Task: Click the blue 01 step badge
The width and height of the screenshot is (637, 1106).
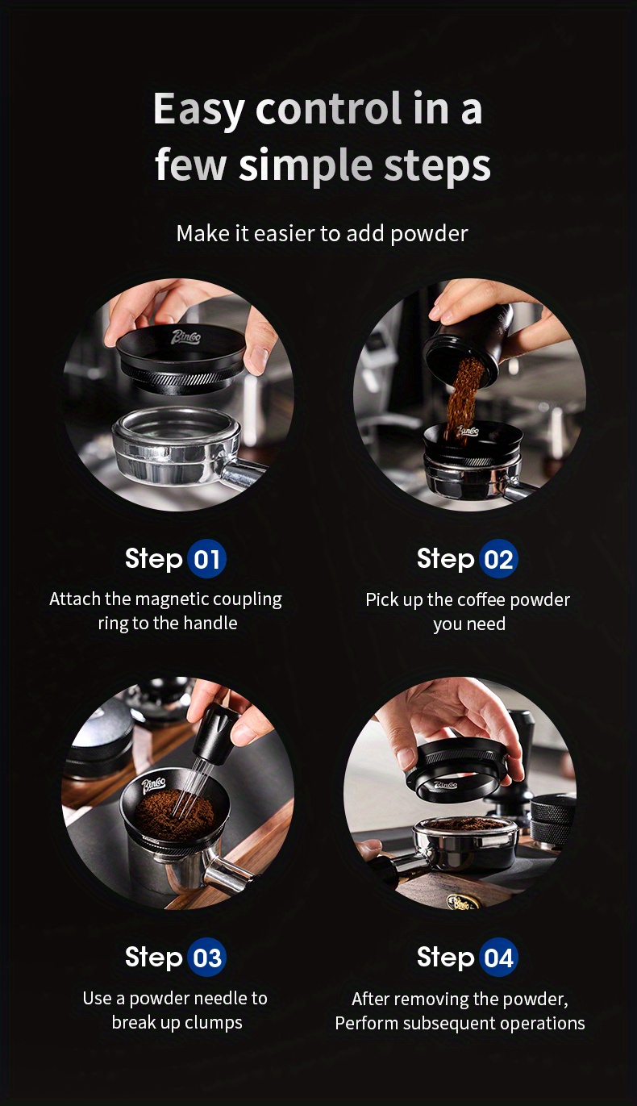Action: (206, 559)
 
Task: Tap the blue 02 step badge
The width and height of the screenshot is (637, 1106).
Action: (498, 559)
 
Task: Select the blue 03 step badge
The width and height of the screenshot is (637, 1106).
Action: (206, 958)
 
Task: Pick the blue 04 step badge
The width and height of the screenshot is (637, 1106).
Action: (498, 958)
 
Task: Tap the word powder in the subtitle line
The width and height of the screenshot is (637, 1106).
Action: (429, 234)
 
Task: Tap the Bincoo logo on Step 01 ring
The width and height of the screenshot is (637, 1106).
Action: (185, 337)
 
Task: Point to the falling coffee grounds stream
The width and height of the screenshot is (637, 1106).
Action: (460, 395)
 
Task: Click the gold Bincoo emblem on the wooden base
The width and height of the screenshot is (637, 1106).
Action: (460, 903)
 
